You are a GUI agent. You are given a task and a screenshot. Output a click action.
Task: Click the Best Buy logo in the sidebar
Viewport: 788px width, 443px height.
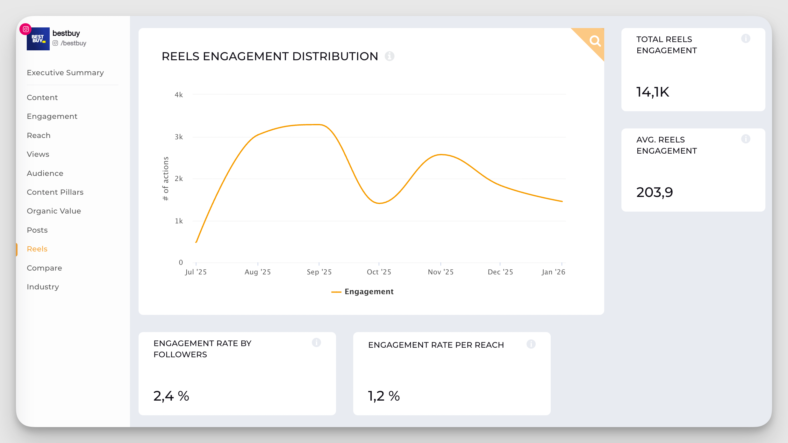[x=38, y=39]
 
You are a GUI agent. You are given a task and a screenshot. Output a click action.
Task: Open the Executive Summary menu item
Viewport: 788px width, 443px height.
[x=65, y=73]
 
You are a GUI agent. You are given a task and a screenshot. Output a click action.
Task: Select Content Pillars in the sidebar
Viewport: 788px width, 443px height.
[x=55, y=192]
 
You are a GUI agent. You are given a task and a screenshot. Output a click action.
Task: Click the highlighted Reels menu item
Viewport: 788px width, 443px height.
[x=37, y=249]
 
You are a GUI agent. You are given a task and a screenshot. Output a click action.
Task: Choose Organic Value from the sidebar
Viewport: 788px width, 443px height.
[x=54, y=211]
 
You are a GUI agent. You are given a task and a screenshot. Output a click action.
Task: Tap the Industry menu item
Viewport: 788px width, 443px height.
[x=43, y=287]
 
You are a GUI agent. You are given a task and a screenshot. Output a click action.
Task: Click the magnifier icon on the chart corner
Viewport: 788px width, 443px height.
[x=594, y=41]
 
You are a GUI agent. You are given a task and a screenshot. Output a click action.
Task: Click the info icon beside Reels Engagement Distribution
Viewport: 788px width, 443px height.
[x=389, y=56]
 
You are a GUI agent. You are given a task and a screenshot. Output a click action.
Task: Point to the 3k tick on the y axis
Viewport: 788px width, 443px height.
[x=179, y=137]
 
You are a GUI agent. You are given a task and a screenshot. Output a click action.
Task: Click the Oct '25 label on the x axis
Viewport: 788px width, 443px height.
[x=379, y=272]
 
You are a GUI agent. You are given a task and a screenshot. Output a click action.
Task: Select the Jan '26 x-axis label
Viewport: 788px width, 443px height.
[x=553, y=272]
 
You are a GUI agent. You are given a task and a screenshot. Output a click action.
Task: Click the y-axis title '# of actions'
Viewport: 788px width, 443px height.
[x=166, y=178]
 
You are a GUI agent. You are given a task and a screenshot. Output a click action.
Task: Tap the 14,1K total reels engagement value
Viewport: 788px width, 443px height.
[x=653, y=92]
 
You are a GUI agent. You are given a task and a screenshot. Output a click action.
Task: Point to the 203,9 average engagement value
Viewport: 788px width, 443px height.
[x=655, y=192]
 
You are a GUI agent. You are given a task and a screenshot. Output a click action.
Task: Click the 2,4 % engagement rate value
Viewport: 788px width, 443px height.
[x=171, y=396]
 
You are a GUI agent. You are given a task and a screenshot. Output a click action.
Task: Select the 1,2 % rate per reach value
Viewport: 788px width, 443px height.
[x=384, y=396]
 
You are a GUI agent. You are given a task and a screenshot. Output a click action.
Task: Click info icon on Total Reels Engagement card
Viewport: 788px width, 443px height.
[x=746, y=39]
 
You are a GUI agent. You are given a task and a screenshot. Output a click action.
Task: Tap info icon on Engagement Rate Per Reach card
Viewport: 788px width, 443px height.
[x=531, y=344]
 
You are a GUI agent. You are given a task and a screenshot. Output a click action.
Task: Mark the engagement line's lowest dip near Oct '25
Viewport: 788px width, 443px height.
[x=379, y=203]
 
